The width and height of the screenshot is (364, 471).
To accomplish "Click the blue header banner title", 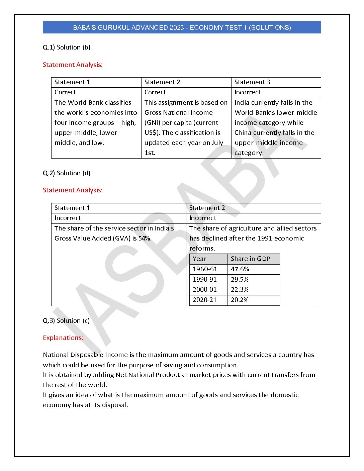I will (x=182, y=27).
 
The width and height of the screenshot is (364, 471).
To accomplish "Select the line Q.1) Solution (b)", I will (x=67, y=47).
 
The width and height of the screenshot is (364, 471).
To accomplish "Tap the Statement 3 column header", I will (x=252, y=82).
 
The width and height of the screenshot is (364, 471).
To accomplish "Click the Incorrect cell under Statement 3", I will (x=248, y=92).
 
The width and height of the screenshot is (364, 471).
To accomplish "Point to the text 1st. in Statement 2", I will (x=150, y=153).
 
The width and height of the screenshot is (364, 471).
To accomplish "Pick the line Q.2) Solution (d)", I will (x=67, y=173).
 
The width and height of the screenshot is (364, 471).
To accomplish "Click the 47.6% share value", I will (x=240, y=269).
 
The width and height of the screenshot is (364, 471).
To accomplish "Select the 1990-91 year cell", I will (x=205, y=280).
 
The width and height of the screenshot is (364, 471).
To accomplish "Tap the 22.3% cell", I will (x=240, y=290).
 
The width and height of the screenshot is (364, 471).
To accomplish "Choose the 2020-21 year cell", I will (x=205, y=300).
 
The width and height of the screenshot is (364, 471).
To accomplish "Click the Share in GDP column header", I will (x=250, y=259).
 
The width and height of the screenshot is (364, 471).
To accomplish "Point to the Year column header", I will (x=199, y=259).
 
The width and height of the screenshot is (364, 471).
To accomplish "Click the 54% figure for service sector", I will (x=145, y=239).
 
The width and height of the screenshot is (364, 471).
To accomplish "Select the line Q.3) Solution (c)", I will (x=66, y=320).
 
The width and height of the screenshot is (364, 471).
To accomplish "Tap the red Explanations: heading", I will (x=63, y=338).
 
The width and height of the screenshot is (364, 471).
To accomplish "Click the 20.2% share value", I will (x=240, y=300).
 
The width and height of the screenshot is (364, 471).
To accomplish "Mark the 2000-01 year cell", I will (x=205, y=290).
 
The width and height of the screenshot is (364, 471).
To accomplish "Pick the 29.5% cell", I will (x=240, y=280).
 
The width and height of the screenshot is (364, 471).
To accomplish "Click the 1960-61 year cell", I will (x=205, y=269).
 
